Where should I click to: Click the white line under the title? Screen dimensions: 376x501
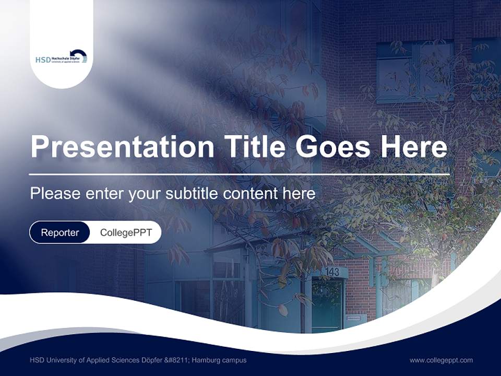point(239,174)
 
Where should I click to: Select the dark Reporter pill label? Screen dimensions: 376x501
point(60,232)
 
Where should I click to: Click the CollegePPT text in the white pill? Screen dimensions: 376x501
point(126,232)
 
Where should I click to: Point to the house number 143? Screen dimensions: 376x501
point(332,272)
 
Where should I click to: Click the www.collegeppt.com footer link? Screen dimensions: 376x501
point(441,360)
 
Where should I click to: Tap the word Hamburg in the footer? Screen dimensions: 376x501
point(207,360)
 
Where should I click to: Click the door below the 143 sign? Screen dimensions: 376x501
point(327,305)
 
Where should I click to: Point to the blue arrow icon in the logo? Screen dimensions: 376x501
point(79,55)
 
